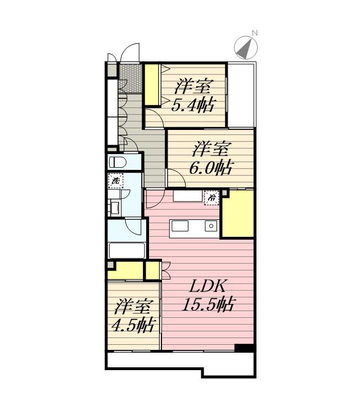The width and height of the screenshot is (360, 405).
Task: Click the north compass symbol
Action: [x=246, y=48]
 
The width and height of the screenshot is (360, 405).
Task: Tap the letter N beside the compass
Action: [x=255, y=33]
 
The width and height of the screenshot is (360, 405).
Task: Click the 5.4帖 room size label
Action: [x=193, y=105]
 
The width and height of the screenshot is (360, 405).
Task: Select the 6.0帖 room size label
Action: [x=211, y=168]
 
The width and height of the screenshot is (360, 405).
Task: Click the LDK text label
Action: [x=208, y=286]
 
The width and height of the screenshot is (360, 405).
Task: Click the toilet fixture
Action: [x=117, y=163]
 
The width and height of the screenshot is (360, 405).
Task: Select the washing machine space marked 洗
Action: [x=115, y=181]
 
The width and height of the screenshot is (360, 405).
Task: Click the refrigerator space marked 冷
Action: [x=211, y=198]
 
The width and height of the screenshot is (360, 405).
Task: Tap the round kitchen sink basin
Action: [x=211, y=226]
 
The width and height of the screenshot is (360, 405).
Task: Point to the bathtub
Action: [x=127, y=250]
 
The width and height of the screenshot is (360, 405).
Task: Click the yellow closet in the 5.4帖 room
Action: [x=151, y=85]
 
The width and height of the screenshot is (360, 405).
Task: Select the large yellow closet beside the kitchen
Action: [x=237, y=214]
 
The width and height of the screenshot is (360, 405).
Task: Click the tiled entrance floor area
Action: [x=130, y=79]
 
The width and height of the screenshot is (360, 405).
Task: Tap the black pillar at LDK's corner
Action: [x=245, y=348]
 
